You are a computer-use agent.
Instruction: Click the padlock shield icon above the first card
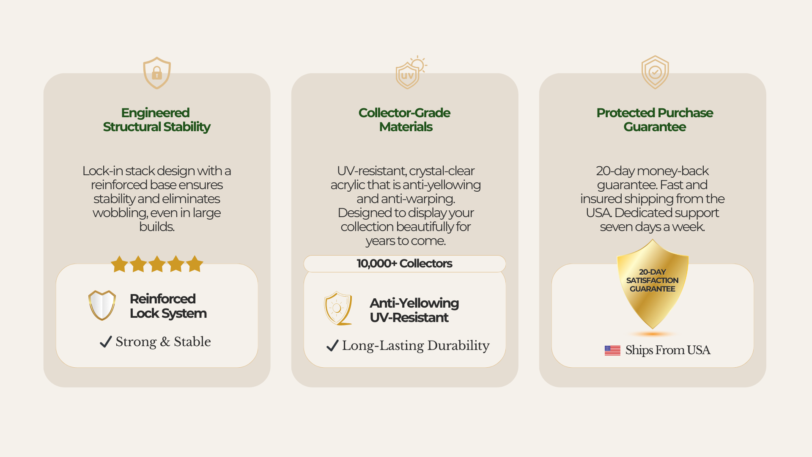(x=157, y=73)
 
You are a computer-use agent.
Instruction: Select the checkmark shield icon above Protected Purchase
(x=655, y=72)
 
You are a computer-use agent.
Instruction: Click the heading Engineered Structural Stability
(x=156, y=120)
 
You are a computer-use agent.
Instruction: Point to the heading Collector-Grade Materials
(x=405, y=120)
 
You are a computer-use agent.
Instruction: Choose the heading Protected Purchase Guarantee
(x=655, y=120)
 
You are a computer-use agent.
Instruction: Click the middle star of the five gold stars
(x=157, y=264)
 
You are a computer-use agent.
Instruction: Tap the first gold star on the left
(x=119, y=264)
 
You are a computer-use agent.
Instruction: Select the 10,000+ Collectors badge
(x=405, y=264)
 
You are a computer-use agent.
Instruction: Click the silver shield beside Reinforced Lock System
(x=102, y=305)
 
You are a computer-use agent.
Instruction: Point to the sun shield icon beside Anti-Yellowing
(x=338, y=308)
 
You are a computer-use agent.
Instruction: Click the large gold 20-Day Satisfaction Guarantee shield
(x=653, y=284)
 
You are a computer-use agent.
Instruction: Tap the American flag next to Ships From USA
(x=612, y=350)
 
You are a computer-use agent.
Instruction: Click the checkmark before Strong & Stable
(x=106, y=341)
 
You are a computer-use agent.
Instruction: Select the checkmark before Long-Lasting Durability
(x=332, y=345)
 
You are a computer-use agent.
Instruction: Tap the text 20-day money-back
(x=652, y=171)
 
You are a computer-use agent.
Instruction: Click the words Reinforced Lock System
(x=168, y=306)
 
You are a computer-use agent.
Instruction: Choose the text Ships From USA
(x=668, y=350)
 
